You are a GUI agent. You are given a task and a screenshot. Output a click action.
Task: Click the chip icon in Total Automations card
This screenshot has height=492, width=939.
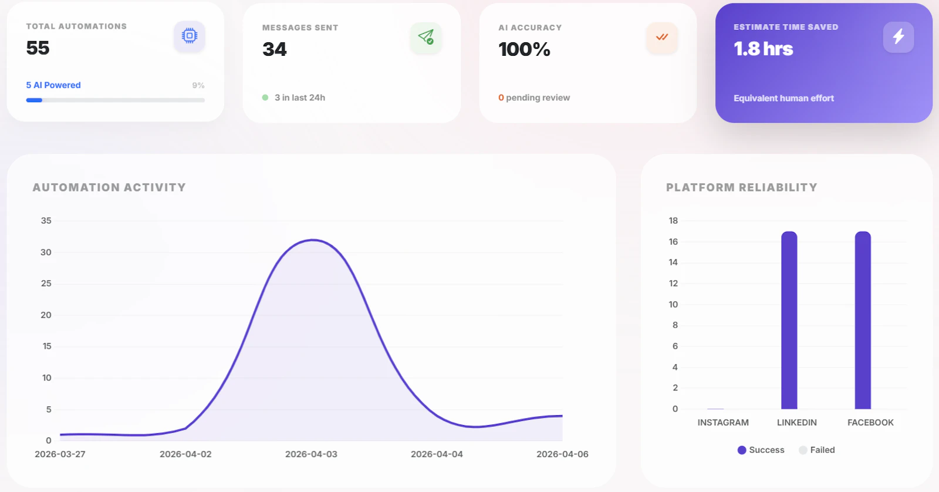pos(189,36)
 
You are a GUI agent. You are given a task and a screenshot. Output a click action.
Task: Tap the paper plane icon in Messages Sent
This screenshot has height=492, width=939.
pos(426,37)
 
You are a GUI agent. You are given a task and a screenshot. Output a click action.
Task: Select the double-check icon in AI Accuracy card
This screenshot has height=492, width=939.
pos(662,37)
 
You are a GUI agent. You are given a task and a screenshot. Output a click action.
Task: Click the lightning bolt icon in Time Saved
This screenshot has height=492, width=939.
pos(899,37)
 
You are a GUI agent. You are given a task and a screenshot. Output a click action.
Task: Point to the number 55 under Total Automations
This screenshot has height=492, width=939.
pos(38,48)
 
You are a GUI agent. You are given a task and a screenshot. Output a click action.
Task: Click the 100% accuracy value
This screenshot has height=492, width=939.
pos(524,49)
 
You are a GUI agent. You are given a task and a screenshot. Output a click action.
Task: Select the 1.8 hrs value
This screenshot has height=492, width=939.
pos(763,49)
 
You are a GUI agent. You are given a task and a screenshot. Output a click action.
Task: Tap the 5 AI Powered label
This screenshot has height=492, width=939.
pos(53,85)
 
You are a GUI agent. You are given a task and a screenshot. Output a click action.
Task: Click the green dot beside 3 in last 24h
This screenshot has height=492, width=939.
pos(265,97)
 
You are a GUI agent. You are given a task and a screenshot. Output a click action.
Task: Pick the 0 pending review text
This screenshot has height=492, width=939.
pos(534,97)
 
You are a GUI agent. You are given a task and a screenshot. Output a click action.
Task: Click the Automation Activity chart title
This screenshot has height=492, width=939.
pos(109,187)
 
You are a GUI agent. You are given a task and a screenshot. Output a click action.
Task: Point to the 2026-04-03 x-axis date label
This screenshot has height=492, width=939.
pos(311,454)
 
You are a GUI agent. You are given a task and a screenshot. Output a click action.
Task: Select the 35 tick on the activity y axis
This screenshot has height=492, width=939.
pos(46,221)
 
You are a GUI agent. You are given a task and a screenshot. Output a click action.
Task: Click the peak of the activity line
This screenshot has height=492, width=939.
pos(314,240)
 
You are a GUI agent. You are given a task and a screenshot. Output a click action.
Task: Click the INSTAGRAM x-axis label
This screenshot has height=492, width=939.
pos(723,422)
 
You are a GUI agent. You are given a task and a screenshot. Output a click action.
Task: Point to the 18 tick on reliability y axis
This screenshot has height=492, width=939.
pos(673,221)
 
